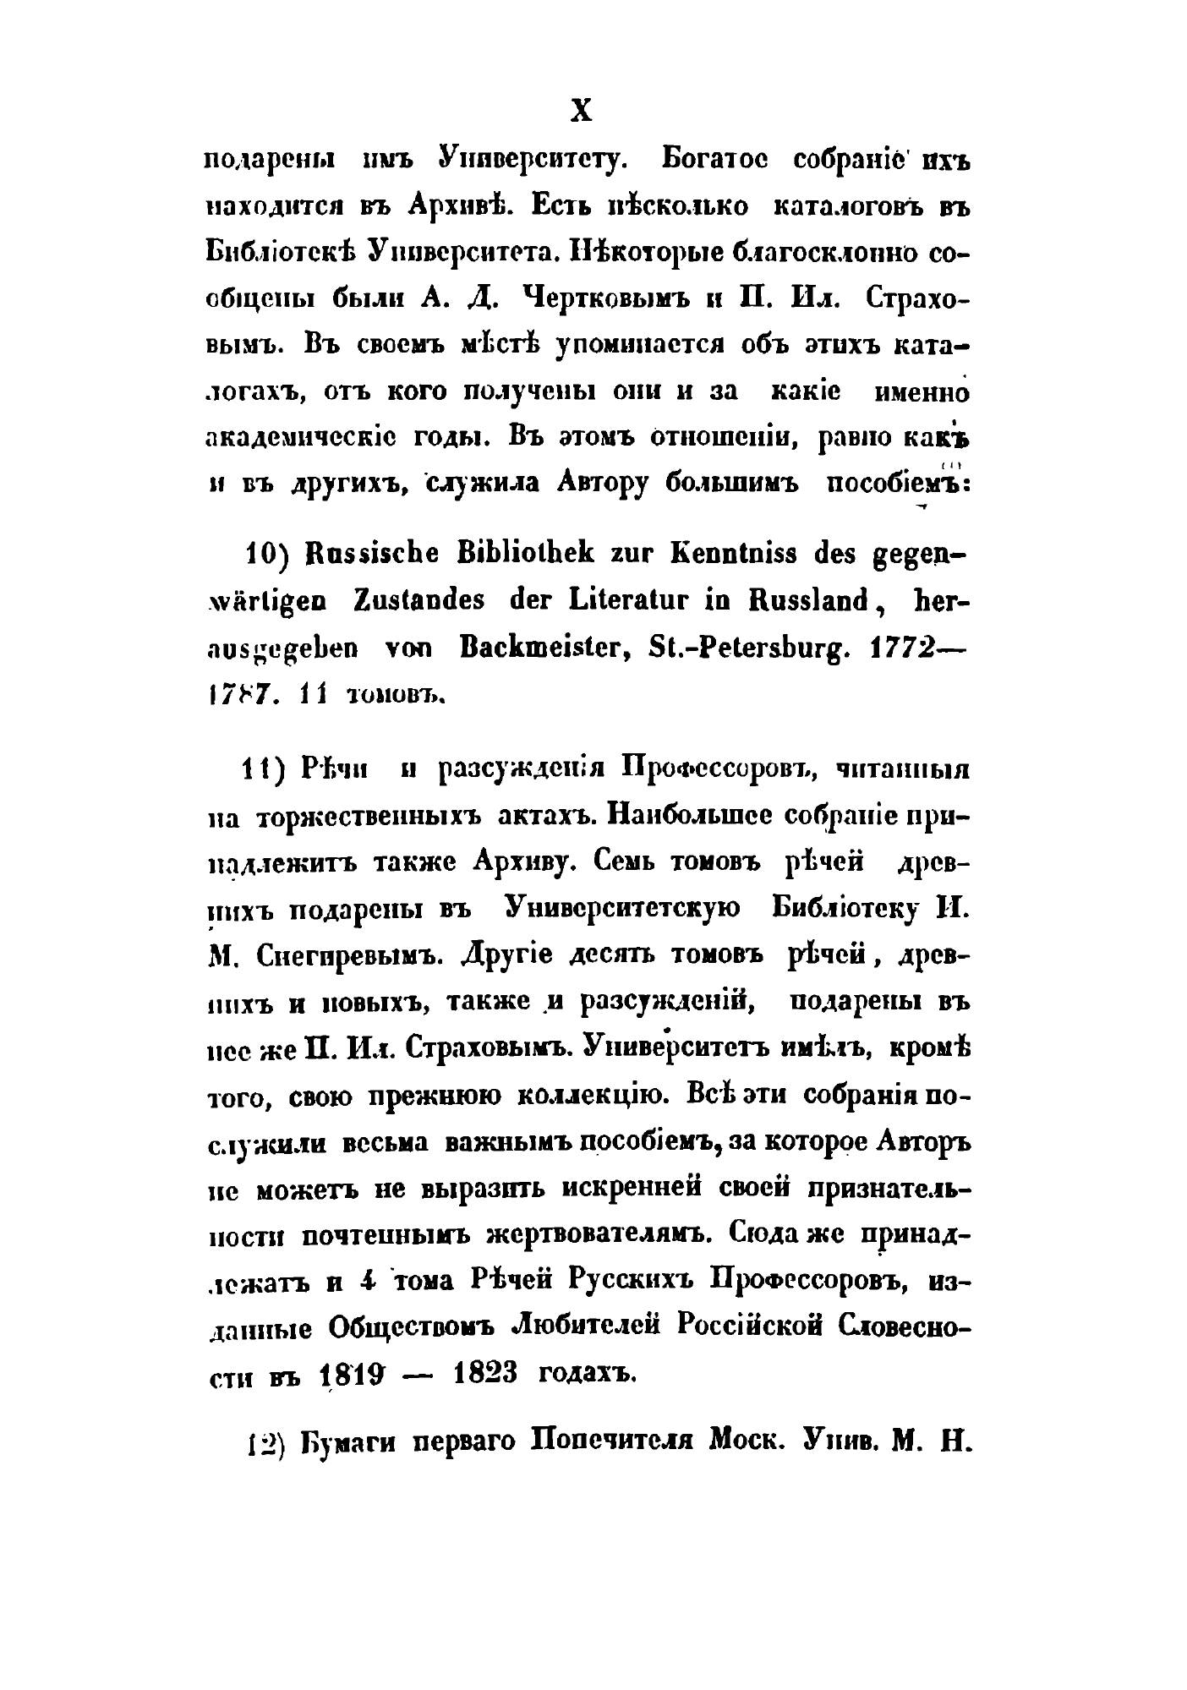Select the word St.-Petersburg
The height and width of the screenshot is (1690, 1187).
point(762,648)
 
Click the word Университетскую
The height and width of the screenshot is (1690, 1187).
point(621,910)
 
